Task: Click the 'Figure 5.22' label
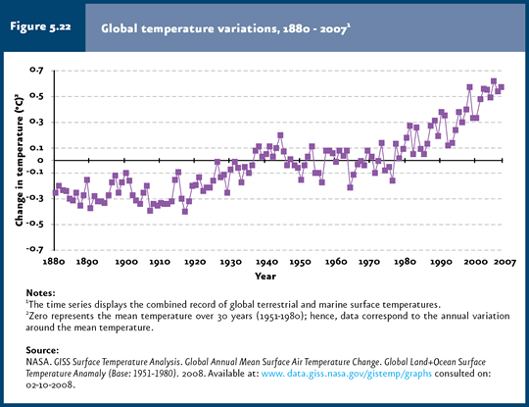point(40,26)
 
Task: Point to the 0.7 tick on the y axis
point(37,71)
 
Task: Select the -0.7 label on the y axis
point(35,250)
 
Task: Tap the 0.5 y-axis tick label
point(37,96)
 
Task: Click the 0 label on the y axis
point(41,161)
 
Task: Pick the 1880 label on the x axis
point(54,262)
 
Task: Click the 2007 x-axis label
point(505,262)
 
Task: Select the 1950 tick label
point(301,262)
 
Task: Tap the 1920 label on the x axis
point(195,262)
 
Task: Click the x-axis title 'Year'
point(265,277)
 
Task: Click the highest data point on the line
point(494,81)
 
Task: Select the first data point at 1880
point(55,192)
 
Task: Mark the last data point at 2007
point(501,87)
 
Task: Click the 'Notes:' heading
point(40,293)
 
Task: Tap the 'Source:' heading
point(42,350)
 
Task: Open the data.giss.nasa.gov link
point(347,374)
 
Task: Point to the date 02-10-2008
point(50,385)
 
